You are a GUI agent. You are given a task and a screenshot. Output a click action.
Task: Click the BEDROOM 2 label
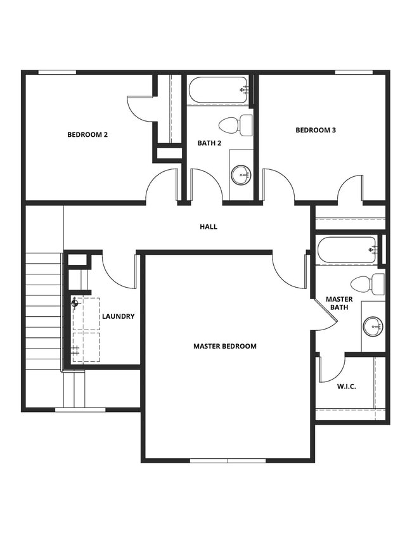click(87, 134)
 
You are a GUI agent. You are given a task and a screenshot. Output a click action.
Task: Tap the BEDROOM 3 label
click(316, 131)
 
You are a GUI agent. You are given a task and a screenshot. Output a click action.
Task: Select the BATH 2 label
click(209, 143)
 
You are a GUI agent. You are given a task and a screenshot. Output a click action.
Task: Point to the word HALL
click(209, 227)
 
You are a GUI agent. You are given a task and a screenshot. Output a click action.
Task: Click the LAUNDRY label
click(118, 316)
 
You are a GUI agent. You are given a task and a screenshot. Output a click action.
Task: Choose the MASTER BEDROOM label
click(225, 347)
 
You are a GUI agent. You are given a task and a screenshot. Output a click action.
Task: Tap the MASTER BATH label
click(339, 304)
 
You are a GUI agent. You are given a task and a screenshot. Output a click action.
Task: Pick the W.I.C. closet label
click(346, 385)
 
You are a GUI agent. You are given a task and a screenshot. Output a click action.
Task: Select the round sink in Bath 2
click(241, 174)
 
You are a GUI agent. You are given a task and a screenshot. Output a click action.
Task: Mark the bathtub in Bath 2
click(217, 90)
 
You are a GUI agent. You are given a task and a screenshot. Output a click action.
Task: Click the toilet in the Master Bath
click(368, 285)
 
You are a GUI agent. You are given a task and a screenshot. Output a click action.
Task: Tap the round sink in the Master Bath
click(373, 326)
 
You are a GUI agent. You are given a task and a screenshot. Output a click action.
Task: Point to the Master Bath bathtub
click(347, 250)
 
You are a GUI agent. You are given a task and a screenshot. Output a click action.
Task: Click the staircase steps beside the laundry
click(43, 311)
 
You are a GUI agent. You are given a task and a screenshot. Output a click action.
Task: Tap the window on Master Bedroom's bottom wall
click(228, 460)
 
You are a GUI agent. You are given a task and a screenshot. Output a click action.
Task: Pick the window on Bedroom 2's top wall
click(57, 72)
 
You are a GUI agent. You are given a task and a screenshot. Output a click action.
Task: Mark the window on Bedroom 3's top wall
click(354, 72)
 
